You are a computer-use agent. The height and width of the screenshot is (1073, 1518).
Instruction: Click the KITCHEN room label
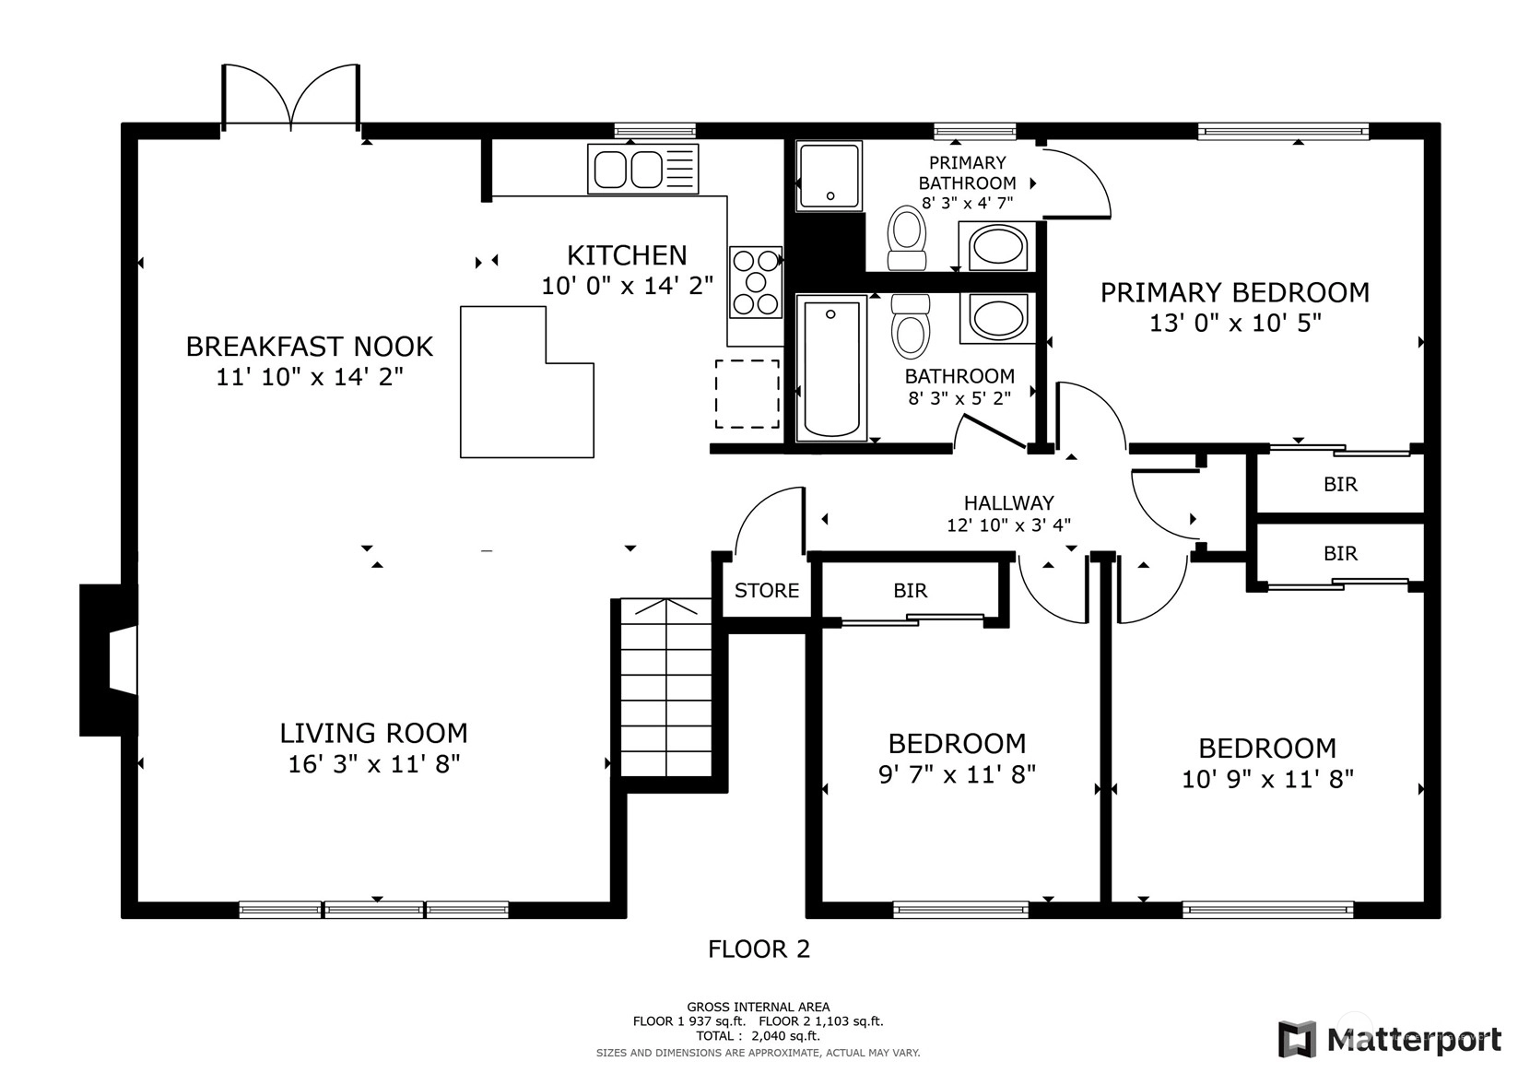(x=627, y=255)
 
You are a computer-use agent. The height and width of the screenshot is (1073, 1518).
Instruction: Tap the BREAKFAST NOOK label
(x=309, y=347)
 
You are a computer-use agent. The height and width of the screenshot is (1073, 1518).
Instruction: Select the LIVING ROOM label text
(x=374, y=733)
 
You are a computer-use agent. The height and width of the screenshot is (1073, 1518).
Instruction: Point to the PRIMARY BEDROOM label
(x=1235, y=293)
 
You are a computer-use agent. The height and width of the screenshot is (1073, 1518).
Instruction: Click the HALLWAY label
(x=1009, y=503)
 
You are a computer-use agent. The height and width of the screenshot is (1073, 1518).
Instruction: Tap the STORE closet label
(x=767, y=590)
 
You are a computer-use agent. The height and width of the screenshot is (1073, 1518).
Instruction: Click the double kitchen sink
(x=642, y=169)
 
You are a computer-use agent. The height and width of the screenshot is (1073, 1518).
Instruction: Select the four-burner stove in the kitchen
(x=756, y=282)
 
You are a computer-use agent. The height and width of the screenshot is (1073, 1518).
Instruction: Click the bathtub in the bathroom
(x=830, y=368)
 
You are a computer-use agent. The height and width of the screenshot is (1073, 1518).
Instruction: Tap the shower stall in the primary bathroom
(x=829, y=176)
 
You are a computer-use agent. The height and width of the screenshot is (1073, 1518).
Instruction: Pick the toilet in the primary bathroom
(x=907, y=237)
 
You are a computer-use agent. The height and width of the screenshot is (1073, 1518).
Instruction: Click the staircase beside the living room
(x=666, y=688)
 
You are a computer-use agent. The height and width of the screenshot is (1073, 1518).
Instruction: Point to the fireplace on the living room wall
(x=109, y=660)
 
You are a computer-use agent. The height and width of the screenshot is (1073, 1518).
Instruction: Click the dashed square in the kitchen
(x=747, y=394)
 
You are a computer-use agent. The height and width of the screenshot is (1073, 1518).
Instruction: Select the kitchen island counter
(x=526, y=383)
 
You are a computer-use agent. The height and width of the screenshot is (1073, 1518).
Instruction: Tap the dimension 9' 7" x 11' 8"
(x=957, y=774)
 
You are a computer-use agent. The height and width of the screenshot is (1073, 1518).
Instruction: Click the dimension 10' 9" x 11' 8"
(x=1267, y=780)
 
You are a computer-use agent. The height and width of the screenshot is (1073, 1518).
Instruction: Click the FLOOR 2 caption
(x=759, y=949)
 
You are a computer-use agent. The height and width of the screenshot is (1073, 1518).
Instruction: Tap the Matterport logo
(x=1390, y=1040)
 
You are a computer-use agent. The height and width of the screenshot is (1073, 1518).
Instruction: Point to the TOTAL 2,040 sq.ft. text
(x=758, y=1036)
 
